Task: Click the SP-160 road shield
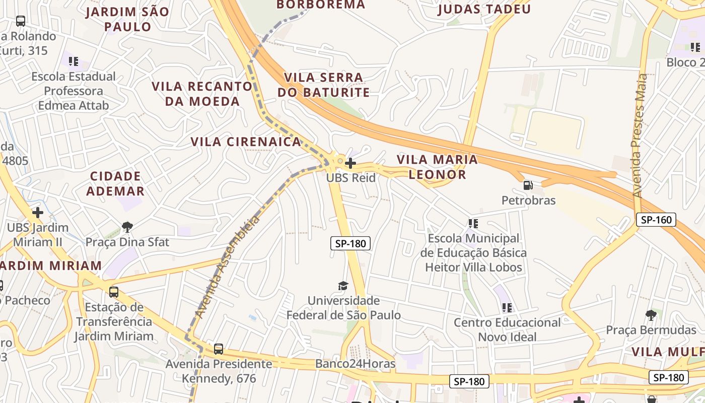656,220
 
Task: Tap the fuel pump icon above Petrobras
528,185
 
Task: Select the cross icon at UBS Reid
350,163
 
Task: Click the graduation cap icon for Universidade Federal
343,286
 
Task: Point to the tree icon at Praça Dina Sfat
127,227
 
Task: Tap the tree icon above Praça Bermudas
651,315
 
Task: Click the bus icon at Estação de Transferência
114,292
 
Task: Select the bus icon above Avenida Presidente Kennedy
219,349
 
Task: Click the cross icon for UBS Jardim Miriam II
37,213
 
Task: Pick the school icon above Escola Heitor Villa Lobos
473,223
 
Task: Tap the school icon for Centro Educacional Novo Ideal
507,307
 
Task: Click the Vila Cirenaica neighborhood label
246,142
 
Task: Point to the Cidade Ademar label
115,184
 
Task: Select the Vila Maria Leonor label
437,167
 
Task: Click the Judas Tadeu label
484,9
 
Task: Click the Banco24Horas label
355,364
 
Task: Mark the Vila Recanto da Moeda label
202,94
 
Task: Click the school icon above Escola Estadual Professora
74,61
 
